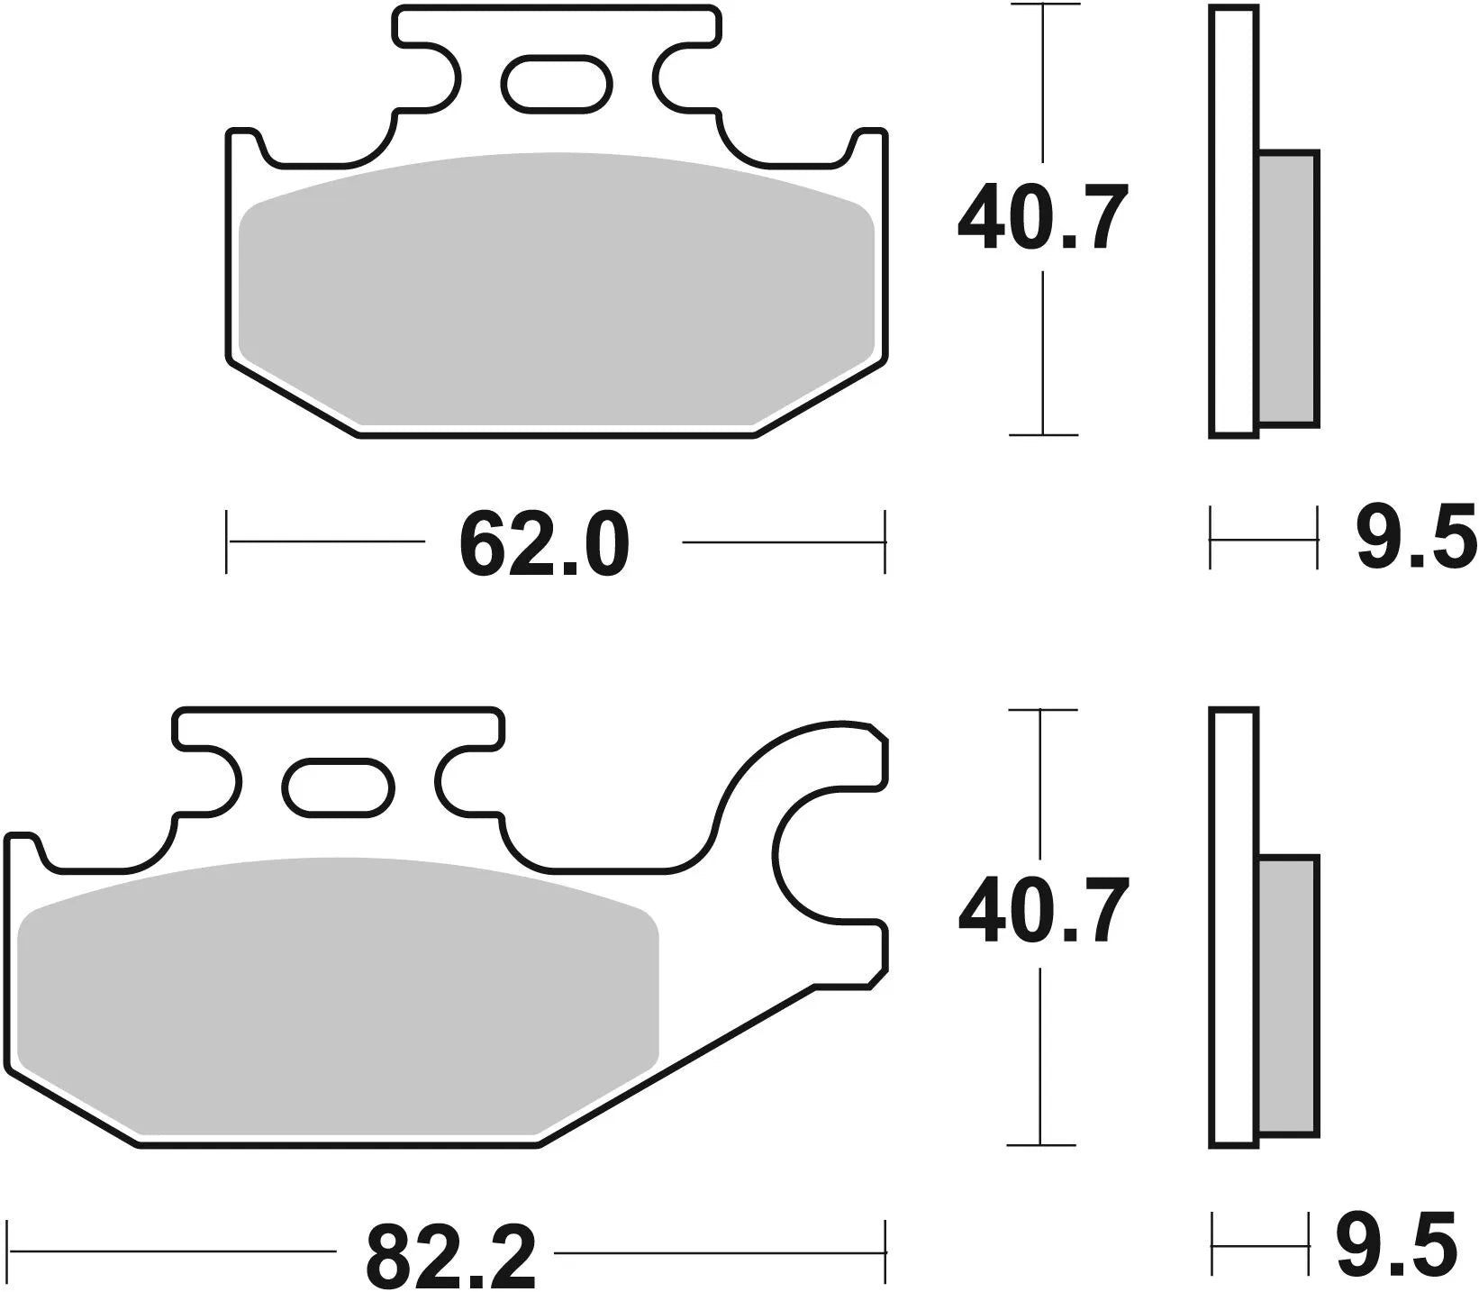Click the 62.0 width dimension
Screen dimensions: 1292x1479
[x=543, y=545]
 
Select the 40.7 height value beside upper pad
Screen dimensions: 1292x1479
[x=1042, y=219]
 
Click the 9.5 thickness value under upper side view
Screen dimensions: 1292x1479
[x=1416, y=538]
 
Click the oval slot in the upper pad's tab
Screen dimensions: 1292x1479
[x=557, y=84]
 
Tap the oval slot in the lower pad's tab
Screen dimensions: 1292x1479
[x=339, y=787]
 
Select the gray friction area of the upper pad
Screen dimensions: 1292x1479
[x=557, y=288]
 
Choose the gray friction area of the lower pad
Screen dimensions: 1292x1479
[x=338, y=991]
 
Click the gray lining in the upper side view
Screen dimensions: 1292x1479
[x=1287, y=288]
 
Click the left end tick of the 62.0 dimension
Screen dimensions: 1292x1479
[x=226, y=541]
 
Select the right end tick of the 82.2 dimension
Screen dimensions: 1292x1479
[x=886, y=1251]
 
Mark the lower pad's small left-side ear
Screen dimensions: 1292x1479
[x=22, y=851]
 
